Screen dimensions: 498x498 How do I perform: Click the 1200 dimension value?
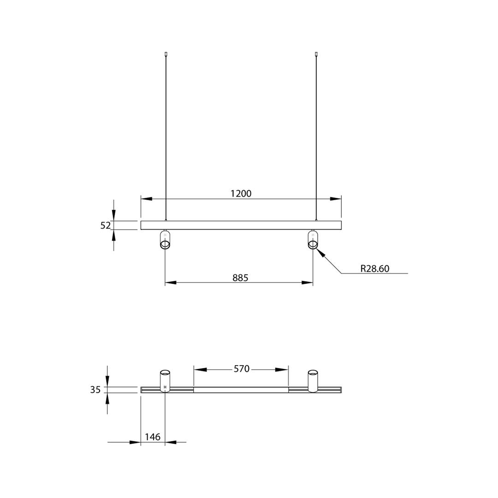241,194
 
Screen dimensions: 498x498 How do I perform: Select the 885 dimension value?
240,278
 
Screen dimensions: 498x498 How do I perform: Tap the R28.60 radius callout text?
374,269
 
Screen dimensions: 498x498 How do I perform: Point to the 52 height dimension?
106,225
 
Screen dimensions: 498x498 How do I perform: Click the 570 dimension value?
241,369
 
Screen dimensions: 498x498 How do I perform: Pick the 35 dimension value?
95,390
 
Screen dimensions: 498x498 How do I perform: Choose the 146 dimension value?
153,437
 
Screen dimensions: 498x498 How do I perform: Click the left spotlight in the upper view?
165,240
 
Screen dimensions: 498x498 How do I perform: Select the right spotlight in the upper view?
313,240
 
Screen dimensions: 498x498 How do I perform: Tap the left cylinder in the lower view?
165,381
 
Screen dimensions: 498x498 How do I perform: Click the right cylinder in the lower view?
313,381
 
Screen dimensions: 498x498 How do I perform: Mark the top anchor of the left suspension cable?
166,54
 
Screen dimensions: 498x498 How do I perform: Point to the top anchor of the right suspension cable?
316,54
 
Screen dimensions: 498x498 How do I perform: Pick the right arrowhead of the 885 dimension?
308,283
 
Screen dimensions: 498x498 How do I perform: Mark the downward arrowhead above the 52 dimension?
114,215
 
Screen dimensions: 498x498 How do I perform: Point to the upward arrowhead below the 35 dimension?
107,398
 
